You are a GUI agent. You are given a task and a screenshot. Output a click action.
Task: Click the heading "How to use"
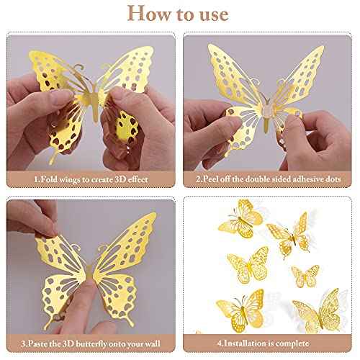(x=179, y=14)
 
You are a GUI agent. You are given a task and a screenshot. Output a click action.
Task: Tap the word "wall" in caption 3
(x=156, y=344)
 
